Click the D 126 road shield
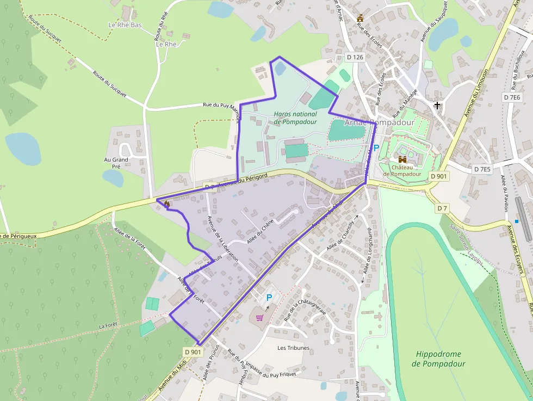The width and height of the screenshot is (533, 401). (x=355, y=57)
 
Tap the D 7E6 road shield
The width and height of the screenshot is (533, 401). (x=512, y=97)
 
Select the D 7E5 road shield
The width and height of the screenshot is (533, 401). (x=482, y=169)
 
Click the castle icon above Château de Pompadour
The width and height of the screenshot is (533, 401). (x=402, y=159)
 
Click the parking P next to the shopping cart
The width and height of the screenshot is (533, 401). (x=269, y=298)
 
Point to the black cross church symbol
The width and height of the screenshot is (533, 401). (x=437, y=105)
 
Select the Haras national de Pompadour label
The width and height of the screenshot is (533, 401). (x=295, y=118)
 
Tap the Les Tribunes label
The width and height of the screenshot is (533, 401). (x=293, y=348)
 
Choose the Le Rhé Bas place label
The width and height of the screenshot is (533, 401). (x=125, y=25)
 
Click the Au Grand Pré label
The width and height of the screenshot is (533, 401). (x=116, y=163)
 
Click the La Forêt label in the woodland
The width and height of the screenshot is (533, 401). (x=108, y=325)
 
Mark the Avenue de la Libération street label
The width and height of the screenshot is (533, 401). (x=223, y=239)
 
